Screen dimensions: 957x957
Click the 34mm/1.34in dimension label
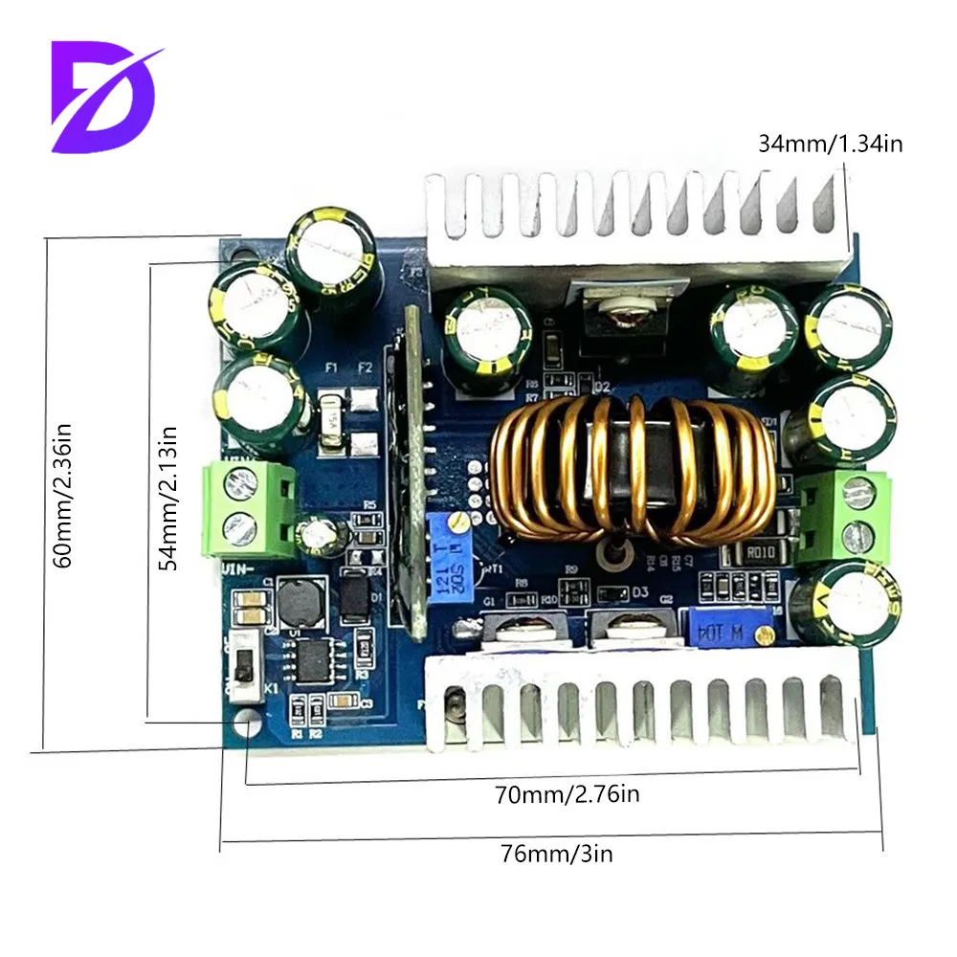(x=830, y=144)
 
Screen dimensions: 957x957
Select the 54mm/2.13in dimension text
(x=169, y=499)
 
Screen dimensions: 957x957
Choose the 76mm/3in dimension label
(x=554, y=853)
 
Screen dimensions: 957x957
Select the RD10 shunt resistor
(x=756, y=552)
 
